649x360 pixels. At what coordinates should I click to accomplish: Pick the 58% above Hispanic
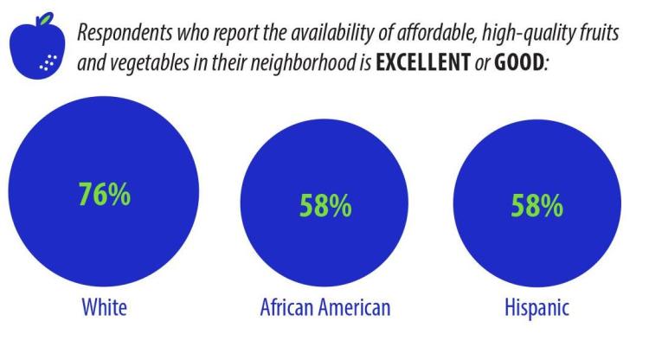pyautogui.click(x=537, y=206)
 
